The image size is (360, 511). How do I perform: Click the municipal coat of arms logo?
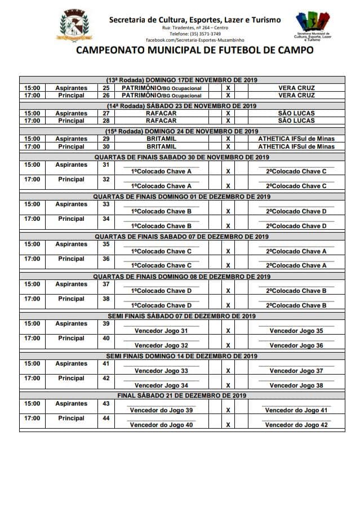(73, 26)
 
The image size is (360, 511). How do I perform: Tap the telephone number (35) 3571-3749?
(195, 34)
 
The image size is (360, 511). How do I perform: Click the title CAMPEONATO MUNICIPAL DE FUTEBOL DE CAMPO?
(195, 50)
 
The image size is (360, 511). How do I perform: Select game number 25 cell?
(106, 88)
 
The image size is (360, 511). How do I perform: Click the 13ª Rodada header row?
(182, 80)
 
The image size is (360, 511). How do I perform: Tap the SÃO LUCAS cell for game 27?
(296, 113)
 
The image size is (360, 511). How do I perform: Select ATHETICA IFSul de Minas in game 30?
(296, 146)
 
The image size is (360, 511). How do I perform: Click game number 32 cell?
(106, 180)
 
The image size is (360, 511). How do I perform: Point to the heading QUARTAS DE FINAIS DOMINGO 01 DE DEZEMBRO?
(182, 197)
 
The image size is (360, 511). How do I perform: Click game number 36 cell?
(106, 259)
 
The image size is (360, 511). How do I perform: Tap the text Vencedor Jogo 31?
(161, 331)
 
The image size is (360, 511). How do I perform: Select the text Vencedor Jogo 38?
(296, 385)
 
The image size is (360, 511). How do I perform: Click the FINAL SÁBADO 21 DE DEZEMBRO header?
(182, 396)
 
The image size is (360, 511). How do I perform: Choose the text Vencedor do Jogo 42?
(296, 425)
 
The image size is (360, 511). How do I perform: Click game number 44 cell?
(106, 419)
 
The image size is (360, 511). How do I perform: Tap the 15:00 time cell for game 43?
(32, 404)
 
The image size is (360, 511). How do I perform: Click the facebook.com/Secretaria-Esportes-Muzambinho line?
(195, 41)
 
